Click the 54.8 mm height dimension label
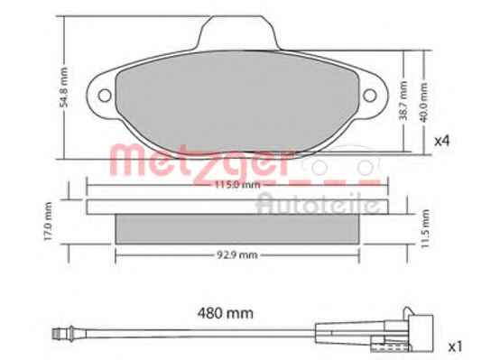tap(64, 88)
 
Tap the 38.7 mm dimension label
tap(404, 100)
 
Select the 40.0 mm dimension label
tap(423, 102)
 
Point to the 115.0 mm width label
tap(237, 185)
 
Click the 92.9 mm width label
tap(237, 255)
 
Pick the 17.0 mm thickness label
tap(47, 221)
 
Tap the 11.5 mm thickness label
tap(424, 229)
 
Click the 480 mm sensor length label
tap(225, 313)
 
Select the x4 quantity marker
tap(442, 141)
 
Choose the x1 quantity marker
tap(455, 346)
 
